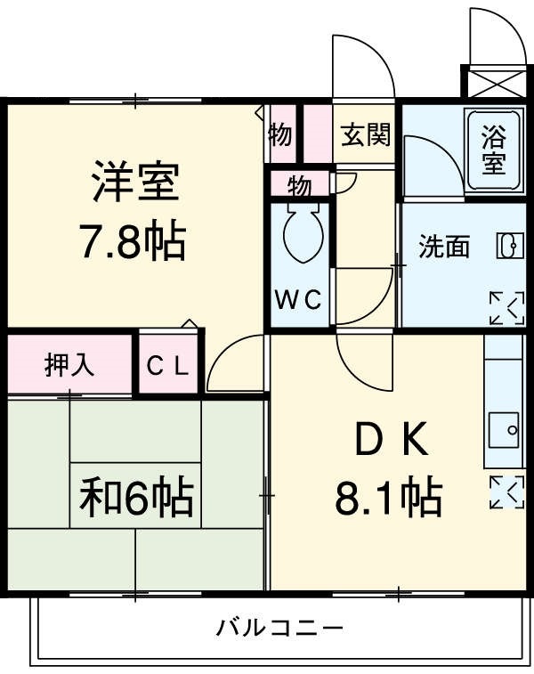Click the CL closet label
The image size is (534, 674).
[x=169, y=366]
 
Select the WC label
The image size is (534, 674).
[x=299, y=300]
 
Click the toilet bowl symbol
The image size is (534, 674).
[x=301, y=235]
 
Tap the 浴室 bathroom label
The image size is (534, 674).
[x=494, y=150]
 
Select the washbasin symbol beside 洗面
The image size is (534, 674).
[x=507, y=247]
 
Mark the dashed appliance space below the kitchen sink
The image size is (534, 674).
[x=506, y=491]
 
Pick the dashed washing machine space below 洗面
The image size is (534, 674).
[x=506, y=307]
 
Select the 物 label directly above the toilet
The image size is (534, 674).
[x=299, y=186]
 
